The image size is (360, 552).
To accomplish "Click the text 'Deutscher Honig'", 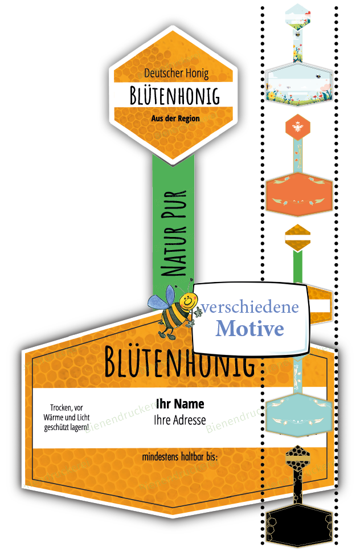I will (x=176, y=73).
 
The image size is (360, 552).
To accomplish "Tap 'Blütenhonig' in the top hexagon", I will (x=174, y=96).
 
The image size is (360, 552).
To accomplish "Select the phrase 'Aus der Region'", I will (x=175, y=118).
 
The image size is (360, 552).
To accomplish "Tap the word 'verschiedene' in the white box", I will (x=249, y=308).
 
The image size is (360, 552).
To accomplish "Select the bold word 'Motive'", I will (x=249, y=329).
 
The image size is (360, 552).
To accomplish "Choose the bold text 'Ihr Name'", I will (x=180, y=404).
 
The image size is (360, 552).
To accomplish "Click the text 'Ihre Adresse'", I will (x=180, y=420).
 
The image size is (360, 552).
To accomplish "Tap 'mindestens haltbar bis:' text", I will (x=180, y=457).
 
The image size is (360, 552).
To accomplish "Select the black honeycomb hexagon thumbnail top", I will (x=297, y=457).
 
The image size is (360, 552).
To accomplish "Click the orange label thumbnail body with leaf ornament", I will (x=298, y=194).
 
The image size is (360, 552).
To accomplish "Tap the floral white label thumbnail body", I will (x=298, y=84).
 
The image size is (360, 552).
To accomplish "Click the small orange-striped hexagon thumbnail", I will (x=297, y=238).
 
